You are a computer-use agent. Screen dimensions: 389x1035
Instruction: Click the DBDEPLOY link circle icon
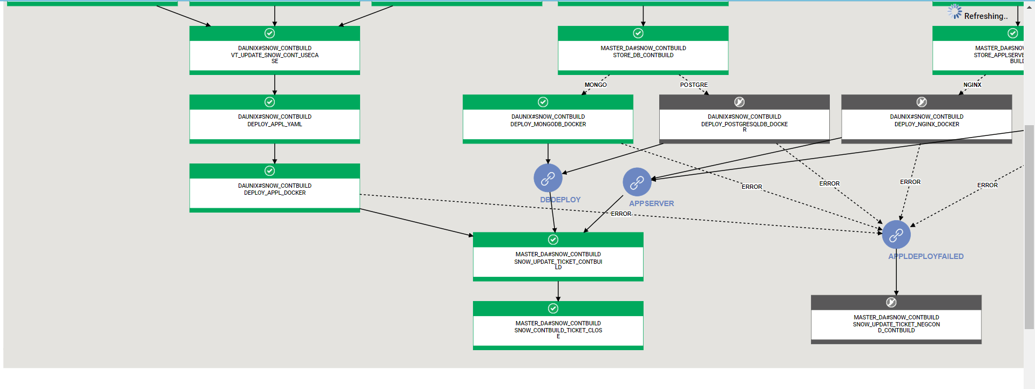click(547, 178)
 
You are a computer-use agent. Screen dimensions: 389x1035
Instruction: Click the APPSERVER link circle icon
click(637, 182)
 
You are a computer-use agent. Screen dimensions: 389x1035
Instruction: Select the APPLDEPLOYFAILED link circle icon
click(896, 235)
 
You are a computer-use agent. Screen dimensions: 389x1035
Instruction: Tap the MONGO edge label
click(596, 85)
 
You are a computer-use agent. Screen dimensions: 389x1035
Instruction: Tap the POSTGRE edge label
click(694, 85)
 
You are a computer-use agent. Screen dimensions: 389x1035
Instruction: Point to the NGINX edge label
click(972, 85)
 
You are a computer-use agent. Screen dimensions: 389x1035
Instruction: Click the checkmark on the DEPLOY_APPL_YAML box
click(270, 102)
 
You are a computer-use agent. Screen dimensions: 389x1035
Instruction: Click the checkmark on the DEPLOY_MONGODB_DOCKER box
click(543, 102)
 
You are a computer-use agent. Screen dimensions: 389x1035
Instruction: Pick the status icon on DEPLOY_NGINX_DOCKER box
click(922, 102)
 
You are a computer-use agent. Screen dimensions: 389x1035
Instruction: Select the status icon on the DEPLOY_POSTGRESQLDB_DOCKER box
click(740, 102)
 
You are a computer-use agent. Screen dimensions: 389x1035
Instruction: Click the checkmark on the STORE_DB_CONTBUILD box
click(638, 33)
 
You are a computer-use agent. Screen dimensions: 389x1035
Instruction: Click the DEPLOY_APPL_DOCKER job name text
click(275, 193)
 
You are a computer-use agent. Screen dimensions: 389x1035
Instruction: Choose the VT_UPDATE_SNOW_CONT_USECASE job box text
click(275, 55)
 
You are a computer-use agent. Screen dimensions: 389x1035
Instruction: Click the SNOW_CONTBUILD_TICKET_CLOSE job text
click(558, 330)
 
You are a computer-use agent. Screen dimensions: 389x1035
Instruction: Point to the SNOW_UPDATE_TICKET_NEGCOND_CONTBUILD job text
click(896, 324)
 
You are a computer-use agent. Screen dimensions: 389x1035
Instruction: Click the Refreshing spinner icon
click(955, 12)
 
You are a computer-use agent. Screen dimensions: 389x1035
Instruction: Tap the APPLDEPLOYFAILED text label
click(926, 256)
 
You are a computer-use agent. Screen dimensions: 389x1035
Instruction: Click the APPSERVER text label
click(651, 203)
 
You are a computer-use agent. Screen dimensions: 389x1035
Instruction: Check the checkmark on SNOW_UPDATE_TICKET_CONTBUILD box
click(553, 240)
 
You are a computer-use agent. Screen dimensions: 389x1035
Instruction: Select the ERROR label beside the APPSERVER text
click(621, 214)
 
